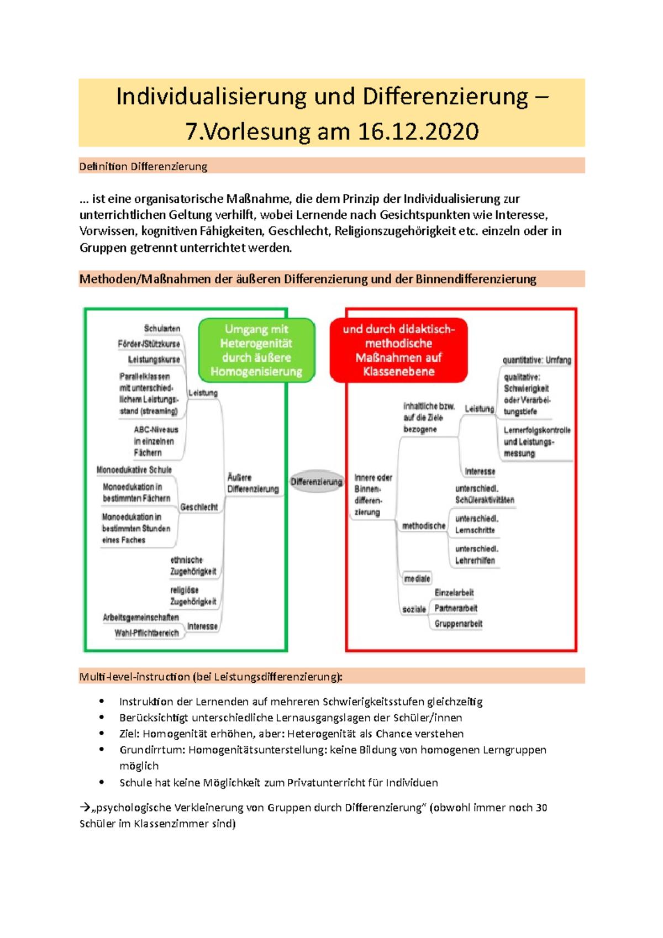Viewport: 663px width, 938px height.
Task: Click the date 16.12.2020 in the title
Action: click(x=418, y=131)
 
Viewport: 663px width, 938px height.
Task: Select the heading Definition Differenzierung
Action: click(x=143, y=166)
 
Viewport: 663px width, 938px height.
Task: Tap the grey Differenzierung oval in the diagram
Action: click(x=317, y=482)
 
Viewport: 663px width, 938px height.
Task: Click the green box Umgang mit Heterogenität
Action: click(x=256, y=350)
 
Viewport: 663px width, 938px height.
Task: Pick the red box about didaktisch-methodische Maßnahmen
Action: click(x=398, y=350)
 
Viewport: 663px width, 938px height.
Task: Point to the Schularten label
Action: click(x=162, y=329)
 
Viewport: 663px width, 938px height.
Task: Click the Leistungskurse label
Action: click(x=154, y=360)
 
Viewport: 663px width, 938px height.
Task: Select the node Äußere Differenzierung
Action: click(x=252, y=483)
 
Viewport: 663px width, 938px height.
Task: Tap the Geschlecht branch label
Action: click(x=199, y=507)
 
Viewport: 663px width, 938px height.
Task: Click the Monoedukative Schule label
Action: click(x=134, y=470)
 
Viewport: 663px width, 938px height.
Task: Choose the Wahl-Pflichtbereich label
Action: click(x=147, y=633)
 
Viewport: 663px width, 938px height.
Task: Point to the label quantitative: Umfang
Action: click(x=536, y=360)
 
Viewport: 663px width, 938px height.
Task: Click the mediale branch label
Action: click(x=417, y=579)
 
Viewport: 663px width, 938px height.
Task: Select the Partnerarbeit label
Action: click(x=456, y=608)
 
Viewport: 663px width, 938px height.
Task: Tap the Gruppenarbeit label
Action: click(x=458, y=624)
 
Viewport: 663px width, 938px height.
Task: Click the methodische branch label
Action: click(x=423, y=526)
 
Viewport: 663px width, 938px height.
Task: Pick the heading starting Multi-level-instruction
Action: click(x=211, y=676)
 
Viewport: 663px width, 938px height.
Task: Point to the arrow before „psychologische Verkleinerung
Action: click(x=85, y=807)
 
